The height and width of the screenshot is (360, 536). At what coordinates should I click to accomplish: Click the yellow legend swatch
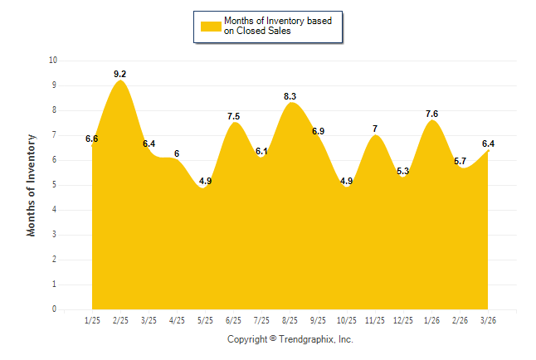(x=211, y=27)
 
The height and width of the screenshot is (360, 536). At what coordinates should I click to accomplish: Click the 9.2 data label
(x=120, y=74)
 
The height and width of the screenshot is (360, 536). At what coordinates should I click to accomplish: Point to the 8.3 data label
(x=290, y=96)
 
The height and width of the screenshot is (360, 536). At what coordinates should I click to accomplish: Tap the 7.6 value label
(x=431, y=114)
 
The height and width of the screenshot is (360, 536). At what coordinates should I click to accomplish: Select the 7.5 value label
(x=233, y=116)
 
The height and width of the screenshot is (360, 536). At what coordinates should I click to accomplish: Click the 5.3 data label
(x=403, y=171)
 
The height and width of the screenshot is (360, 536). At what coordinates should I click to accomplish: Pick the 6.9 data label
(x=319, y=131)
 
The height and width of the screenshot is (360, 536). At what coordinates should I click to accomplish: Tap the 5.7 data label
(x=460, y=161)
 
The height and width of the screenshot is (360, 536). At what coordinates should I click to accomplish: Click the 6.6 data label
(x=91, y=139)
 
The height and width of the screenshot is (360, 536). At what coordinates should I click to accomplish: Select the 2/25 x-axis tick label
(x=120, y=320)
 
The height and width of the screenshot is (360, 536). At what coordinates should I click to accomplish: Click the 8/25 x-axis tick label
(x=290, y=320)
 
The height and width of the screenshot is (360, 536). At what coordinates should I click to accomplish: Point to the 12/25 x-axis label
(x=403, y=320)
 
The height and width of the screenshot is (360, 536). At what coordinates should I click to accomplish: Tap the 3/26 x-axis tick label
(x=488, y=320)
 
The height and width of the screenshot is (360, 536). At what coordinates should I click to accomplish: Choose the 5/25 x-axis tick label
(x=205, y=320)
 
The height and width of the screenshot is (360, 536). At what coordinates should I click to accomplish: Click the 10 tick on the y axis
(x=53, y=61)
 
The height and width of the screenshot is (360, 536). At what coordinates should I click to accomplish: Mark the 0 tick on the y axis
(x=55, y=309)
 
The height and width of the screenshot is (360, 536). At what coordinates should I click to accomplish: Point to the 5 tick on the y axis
(x=55, y=185)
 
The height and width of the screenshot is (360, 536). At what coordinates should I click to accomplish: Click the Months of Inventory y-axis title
(x=31, y=185)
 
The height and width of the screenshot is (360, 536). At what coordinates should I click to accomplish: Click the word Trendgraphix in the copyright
(x=306, y=339)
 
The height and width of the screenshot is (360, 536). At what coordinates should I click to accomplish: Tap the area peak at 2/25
(x=120, y=80)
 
